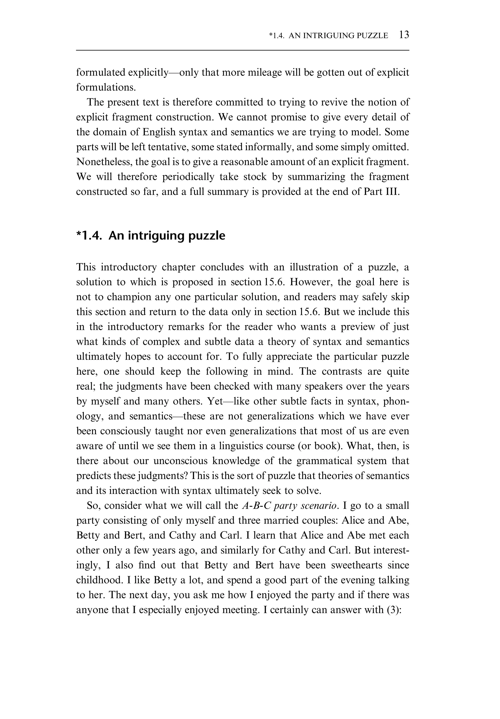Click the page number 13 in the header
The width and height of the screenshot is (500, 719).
click(x=404, y=35)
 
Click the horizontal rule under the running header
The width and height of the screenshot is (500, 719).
click(x=242, y=50)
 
